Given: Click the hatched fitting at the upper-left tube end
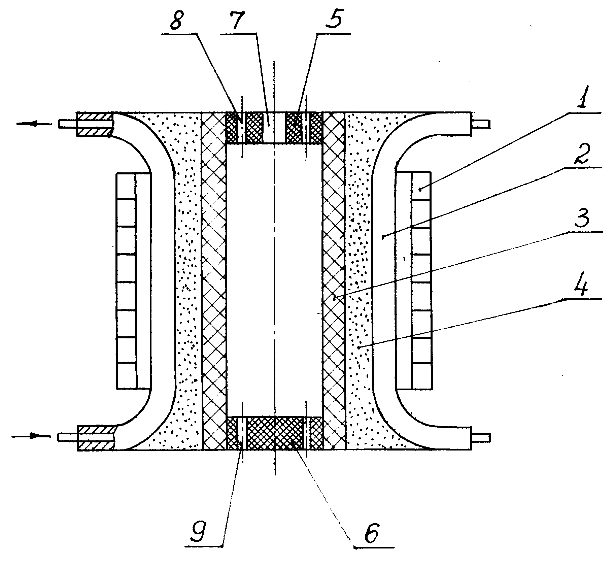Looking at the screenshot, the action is [x=94, y=124].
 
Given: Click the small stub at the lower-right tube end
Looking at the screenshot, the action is [x=480, y=437].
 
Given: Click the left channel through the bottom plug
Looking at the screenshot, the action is [x=242, y=433].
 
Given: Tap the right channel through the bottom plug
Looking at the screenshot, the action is [x=306, y=433].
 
